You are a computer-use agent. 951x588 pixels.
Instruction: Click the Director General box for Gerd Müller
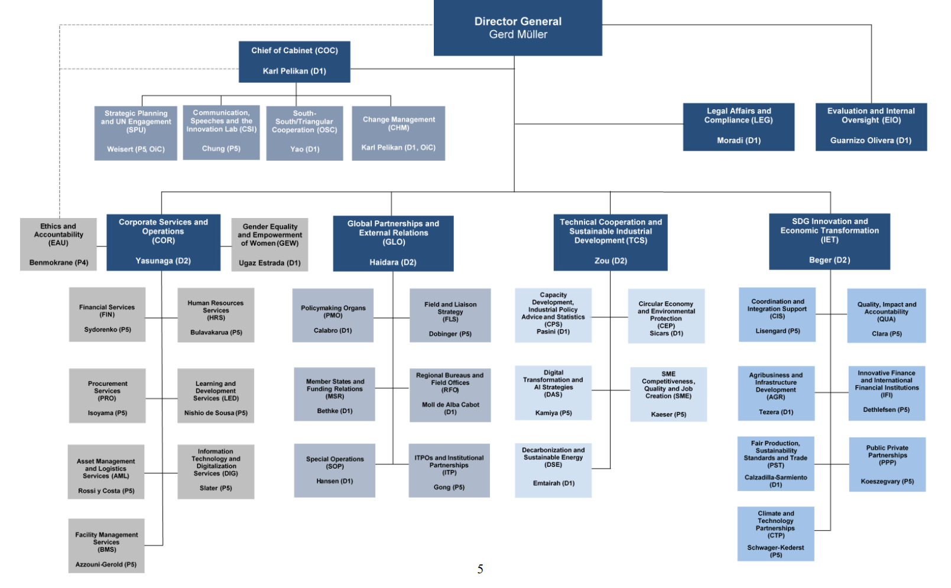518,28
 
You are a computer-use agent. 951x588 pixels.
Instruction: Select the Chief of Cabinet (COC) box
294,61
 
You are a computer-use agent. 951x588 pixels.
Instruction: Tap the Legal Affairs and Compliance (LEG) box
738,126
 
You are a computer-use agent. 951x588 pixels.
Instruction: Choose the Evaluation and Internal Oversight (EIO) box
871,126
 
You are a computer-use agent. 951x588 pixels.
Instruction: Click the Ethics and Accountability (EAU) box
59,244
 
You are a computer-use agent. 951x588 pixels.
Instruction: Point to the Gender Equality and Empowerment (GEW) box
270,244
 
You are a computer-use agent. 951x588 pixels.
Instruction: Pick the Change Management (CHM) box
398,133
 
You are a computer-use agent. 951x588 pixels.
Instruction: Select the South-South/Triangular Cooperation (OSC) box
304,133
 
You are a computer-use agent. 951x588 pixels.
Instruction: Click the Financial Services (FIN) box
107,314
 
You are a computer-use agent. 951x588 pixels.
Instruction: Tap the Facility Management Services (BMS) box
106,545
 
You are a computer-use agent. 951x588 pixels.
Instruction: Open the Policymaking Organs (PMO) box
333,315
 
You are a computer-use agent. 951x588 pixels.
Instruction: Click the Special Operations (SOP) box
335,470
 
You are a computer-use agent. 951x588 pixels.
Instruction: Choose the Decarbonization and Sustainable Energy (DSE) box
553,470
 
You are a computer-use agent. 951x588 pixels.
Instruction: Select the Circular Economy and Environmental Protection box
666,316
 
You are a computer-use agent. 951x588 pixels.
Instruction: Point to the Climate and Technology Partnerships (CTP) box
775,534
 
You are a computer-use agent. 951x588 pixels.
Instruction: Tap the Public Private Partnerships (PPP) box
887,464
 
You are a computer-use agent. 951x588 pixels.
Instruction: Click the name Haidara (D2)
393,262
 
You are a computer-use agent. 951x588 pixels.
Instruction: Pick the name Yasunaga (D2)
163,261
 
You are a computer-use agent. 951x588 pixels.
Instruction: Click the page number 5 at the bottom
480,569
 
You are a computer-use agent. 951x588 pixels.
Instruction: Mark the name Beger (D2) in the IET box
829,260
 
